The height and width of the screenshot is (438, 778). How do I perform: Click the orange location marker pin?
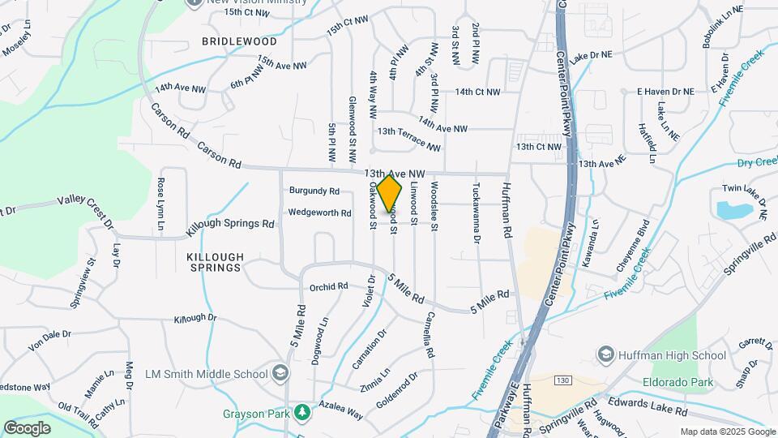(390, 192)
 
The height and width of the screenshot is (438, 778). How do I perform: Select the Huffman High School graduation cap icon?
(605, 354)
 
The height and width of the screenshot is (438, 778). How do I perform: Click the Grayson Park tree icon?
(303, 413)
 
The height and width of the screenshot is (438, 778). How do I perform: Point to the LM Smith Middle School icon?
(280, 374)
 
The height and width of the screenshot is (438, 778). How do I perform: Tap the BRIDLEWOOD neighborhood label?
(239, 41)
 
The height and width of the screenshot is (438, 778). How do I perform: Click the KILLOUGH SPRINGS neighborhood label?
(214, 261)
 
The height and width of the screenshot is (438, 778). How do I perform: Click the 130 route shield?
(563, 380)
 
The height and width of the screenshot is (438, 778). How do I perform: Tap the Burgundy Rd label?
(314, 191)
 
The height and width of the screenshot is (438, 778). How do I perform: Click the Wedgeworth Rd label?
(319, 213)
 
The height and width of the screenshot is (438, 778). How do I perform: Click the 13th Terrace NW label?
(409, 139)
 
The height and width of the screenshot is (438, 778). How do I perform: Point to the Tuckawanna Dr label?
(477, 212)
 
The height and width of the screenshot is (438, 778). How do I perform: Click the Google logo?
(27, 427)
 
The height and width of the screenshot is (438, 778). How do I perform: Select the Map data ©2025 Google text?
(727, 432)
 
